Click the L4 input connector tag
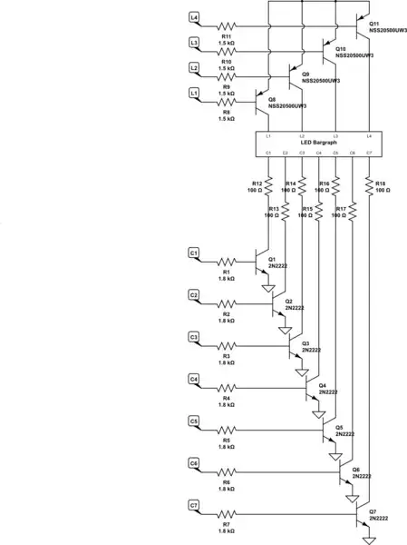point(194,18)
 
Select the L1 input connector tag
point(194,92)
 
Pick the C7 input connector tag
point(194,504)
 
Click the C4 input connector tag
point(194,378)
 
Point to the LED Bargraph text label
point(318,144)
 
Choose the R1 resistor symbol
point(227,263)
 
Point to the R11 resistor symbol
point(227,26)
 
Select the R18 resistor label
point(381,186)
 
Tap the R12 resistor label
point(257,186)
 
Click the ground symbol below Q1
point(269,290)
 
